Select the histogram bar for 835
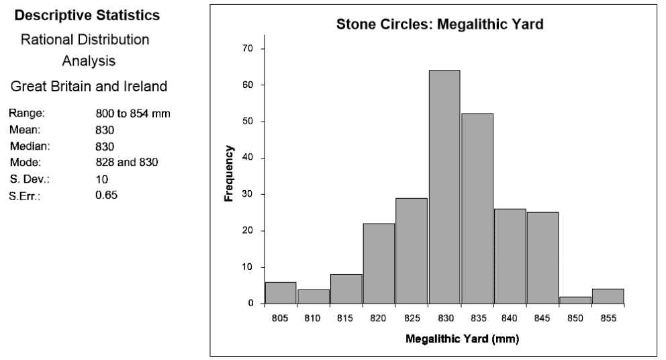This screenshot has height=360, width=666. (477, 208)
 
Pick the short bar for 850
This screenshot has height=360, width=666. (575, 300)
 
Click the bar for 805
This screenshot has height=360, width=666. (281, 293)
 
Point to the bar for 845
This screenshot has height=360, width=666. (542, 258)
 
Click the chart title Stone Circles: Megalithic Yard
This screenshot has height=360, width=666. (439, 26)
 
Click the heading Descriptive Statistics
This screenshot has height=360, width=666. (88, 14)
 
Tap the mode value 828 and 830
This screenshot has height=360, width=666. (126, 163)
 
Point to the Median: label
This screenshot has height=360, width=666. (27, 146)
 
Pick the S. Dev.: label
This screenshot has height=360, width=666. (27, 179)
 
